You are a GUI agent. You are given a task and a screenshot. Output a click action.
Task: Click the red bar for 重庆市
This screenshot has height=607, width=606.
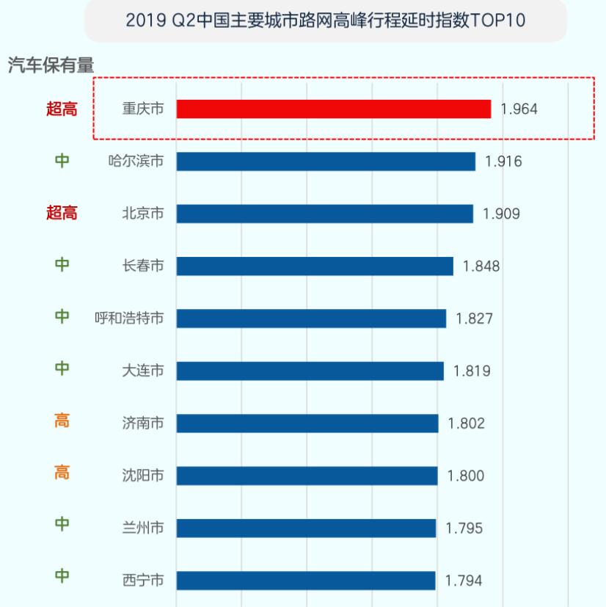click(333, 109)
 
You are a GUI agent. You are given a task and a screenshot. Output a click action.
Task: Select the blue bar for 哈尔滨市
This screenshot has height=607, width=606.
click(326, 161)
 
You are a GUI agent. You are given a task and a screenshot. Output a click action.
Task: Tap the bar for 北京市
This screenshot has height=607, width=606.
click(324, 214)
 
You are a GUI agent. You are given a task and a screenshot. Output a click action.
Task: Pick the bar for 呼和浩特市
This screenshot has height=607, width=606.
click(311, 319)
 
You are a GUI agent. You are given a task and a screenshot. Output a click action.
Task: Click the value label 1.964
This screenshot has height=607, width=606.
click(519, 109)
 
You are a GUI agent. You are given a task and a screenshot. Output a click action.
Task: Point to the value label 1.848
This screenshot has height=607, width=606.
click(481, 266)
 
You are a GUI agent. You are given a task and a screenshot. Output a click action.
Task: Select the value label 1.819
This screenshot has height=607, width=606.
click(472, 371)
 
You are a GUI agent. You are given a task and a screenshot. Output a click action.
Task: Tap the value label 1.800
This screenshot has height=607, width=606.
click(466, 476)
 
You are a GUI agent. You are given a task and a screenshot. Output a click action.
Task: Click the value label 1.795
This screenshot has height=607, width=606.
click(464, 528)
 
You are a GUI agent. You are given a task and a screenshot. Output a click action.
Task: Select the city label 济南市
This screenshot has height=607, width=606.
click(142, 424)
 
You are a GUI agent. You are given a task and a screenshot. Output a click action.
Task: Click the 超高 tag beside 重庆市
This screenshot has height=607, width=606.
click(61, 109)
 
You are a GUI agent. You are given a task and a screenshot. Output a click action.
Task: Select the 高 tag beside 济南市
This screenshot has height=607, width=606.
click(62, 423)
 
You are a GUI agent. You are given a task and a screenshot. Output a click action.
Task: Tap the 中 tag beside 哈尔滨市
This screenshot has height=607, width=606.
click(62, 161)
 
